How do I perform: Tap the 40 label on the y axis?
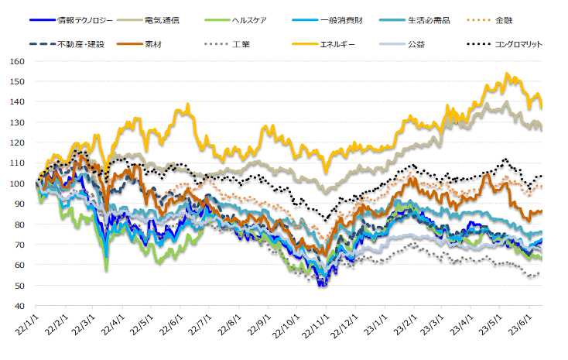click(18, 307)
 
